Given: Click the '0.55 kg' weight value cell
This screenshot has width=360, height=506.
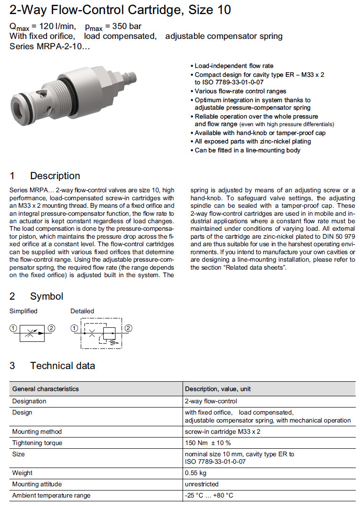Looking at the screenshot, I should pos(196,473).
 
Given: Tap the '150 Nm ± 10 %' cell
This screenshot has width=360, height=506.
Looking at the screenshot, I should pos(208,443).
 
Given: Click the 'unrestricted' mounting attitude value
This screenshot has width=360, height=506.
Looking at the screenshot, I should pos(202,484).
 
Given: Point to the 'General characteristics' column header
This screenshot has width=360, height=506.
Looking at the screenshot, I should pos(46,389).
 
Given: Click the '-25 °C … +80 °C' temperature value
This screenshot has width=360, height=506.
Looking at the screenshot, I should pos(209,495).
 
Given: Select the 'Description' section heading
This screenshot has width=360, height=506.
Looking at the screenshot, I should pos(55,176).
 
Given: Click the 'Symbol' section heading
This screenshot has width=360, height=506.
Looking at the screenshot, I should pos(46,296).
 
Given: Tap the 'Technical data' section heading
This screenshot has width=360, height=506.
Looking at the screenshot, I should pos(62,366).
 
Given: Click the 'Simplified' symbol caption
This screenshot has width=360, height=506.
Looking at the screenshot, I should pos(23,311).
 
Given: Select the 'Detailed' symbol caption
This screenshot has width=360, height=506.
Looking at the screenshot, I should pos(82,311).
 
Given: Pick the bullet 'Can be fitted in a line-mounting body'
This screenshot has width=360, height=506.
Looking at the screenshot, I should pos(247,150).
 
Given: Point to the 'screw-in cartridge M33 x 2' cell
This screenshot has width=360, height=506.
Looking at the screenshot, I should pos(222,431).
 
